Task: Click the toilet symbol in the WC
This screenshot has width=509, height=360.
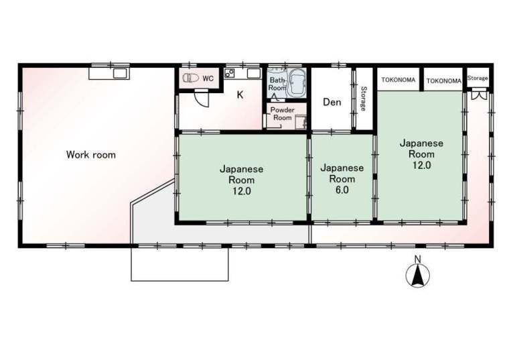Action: point(191,78)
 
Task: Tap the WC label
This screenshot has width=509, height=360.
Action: point(208,78)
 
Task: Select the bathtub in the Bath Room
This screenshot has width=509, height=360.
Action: point(297,84)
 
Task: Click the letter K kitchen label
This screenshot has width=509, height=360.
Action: point(240,95)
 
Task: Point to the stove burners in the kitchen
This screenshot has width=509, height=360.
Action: point(230,74)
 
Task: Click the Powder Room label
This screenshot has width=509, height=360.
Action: point(282,114)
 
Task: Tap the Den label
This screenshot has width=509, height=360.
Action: point(332,103)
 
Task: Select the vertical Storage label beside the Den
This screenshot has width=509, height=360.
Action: point(363,99)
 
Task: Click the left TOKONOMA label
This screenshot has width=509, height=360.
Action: point(398,80)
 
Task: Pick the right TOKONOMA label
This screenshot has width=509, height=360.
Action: point(444,81)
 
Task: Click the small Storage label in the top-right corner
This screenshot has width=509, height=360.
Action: point(478,78)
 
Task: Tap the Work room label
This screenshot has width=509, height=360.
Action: point(91,155)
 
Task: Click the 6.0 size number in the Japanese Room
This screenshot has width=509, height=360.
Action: point(342,190)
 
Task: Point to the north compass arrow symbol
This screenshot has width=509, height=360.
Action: point(418,276)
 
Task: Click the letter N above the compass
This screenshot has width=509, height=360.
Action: point(418,259)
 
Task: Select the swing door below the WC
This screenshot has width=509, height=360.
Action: point(202,99)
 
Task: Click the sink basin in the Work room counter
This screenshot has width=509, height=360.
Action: point(121,74)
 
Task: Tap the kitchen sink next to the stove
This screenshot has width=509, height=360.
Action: point(254,74)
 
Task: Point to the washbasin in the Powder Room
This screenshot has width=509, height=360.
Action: point(301,123)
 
